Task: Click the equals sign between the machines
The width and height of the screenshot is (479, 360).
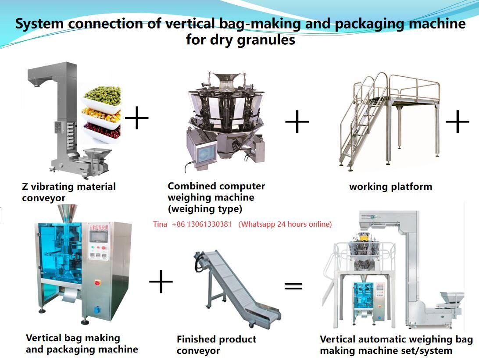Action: point(293,286)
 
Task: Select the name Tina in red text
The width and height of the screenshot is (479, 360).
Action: point(160,224)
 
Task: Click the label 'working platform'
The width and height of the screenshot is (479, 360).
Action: point(390,186)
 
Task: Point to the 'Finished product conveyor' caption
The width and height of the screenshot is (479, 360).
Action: point(216,345)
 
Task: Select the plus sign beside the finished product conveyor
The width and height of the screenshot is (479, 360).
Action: point(161,282)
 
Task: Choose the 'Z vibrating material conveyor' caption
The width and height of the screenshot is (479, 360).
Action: point(68,192)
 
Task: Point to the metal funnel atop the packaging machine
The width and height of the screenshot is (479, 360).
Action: point(67,213)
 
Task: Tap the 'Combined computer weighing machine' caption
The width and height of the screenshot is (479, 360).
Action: point(216,197)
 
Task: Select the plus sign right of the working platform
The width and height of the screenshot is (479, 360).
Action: point(458,121)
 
